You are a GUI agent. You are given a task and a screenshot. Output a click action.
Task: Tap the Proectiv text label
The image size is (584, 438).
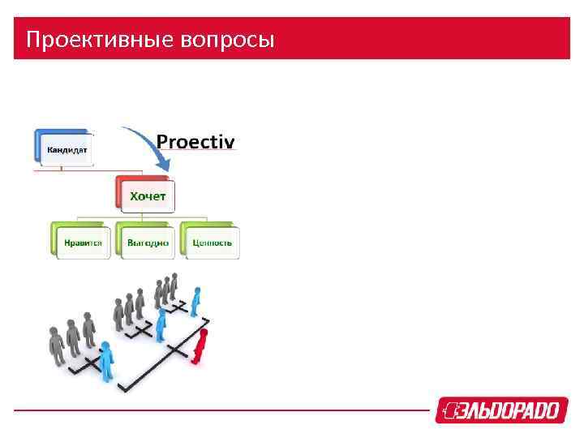(195, 142)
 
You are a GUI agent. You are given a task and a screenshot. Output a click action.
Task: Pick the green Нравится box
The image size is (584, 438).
(81, 241)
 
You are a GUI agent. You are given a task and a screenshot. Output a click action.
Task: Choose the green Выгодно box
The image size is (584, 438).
(147, 241)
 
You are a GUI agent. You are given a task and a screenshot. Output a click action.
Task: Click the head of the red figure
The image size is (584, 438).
(204, 333)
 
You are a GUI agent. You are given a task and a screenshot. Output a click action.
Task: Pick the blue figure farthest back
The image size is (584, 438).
(195, 299)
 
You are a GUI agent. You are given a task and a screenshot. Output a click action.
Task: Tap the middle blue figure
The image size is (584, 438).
(161, 324)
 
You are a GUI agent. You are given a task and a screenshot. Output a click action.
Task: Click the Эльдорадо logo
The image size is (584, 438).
(498, 410)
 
